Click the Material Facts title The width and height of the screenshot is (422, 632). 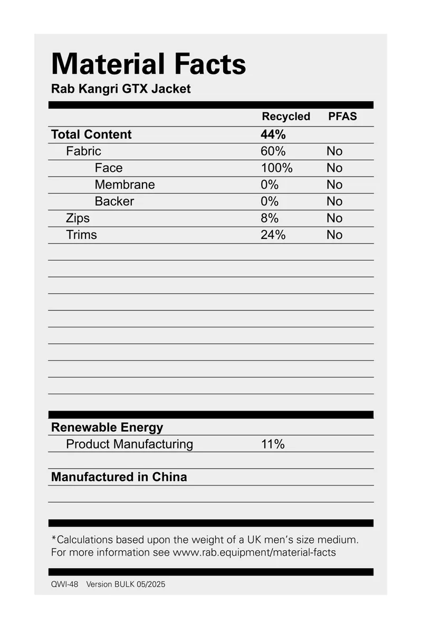pos(148,64)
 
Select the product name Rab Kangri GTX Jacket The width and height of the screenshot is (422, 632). pos(121,89)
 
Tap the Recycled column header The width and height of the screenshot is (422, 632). pos(286,116)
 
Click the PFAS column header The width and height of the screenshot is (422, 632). pos(342,116)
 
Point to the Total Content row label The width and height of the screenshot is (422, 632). pos(91,134)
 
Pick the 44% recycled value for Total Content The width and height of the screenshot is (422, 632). pos(273,134)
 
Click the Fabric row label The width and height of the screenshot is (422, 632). pos(83,151)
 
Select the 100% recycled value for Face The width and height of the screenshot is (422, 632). pos(276,168)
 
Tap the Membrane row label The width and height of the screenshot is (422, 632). pos(124,184)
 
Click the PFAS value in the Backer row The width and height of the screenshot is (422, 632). pos(334,201)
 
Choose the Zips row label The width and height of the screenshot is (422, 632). pos(78,218)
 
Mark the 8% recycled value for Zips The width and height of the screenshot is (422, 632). pos(269,218)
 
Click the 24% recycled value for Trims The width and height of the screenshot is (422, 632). pos(273,235)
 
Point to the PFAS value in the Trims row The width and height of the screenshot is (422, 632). pos(334,235)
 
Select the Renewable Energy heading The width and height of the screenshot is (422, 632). pos(107,427)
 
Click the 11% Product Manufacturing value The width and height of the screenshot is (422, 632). pos(273,444)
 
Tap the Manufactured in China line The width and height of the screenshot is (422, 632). pos(119,477)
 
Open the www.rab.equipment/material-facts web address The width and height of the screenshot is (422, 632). pos(254,552)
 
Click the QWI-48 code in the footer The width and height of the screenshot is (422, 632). pos(64,585)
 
